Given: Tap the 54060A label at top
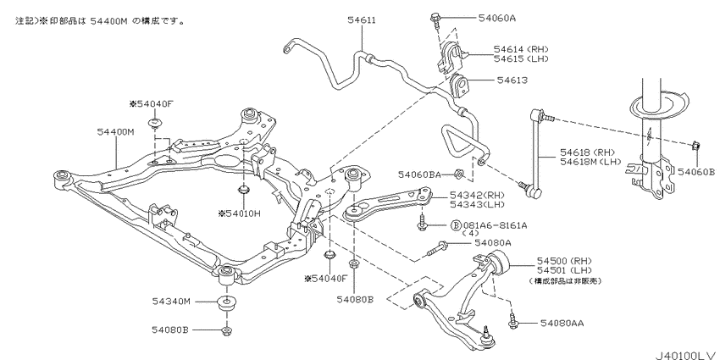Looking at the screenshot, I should pos(474,17).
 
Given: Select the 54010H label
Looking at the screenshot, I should pos(240,213).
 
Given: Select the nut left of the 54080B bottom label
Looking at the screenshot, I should pos(226,330).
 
